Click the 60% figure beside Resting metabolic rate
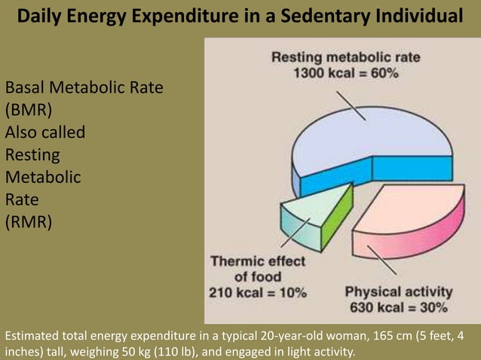pyautogui.click(x=384, y=73)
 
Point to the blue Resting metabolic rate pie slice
pyautogui.click(x=362, y=139)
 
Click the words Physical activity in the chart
pyautogui.click(x=399, y=291)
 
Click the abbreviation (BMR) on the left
pyautogui.click(x=29, y=110)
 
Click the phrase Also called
pyautogui.click(x=45, y=133)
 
